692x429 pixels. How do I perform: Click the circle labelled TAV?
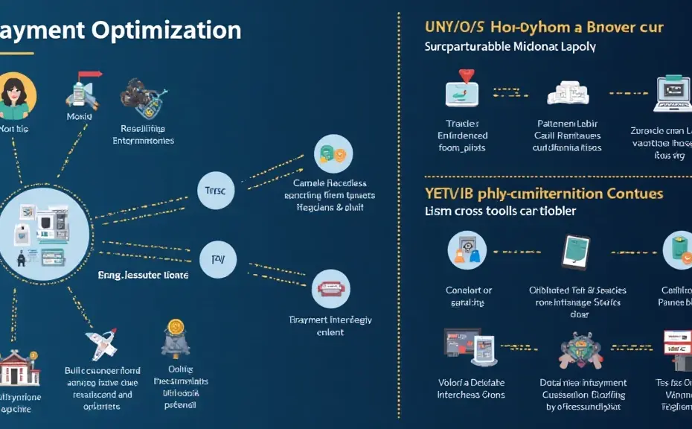click(x=218, y=259)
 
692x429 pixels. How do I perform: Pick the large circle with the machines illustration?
click(x=47, y=230)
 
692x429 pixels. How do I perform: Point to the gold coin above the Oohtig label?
click(x=176, y=327)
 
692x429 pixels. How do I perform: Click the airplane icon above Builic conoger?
click(x=102, y=345)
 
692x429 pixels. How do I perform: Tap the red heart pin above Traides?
click(x=465, y=77)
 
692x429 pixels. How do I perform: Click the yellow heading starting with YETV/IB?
click(x=543, y=193)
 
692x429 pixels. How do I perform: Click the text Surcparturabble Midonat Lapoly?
click(x=510, y=46)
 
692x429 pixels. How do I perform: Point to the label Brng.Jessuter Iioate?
click(x=143, y=275)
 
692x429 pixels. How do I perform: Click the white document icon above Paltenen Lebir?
click(x=568, y=92)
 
